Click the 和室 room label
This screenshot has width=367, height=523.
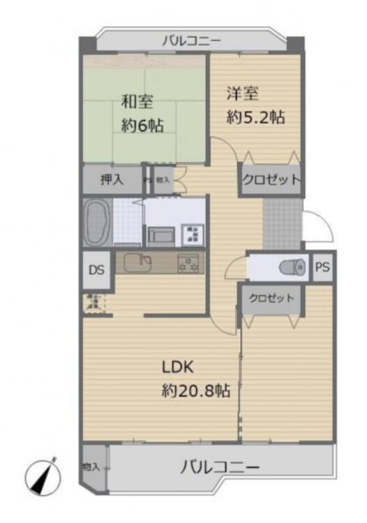click(137, 101)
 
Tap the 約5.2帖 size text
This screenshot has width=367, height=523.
click(255, 117)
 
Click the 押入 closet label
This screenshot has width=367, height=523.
click(112, 179)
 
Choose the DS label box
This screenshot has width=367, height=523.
click(96, 268)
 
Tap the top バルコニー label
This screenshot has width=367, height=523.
click(191, 41)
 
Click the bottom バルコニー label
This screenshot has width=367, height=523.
click(220, 467)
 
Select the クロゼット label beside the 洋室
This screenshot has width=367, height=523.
click(271, 179)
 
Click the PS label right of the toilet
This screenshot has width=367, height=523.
click(322, 266)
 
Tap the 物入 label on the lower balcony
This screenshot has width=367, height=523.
click(92, 467)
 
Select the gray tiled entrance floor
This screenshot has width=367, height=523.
click(283, 223)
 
